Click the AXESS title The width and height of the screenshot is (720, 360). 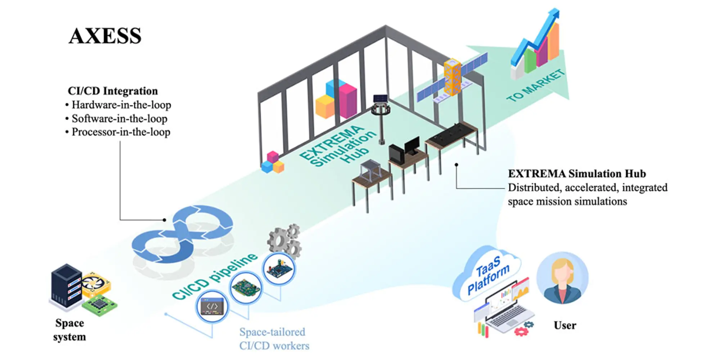click(x=105, y=36)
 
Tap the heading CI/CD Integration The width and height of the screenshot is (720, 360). click(x=113, y=91)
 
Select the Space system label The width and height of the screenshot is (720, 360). click(x=69, y=330)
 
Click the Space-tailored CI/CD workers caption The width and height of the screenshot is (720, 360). click(x=274, y=339)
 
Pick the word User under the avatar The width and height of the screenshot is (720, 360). click(x=565, y=325)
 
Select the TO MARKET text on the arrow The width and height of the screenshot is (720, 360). click(x=535, y=86)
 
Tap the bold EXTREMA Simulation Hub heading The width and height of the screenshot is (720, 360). click(x=577, y=174)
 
